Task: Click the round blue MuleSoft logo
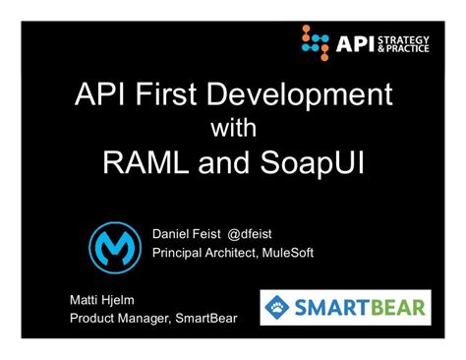click(116, 245)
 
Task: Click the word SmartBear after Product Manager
click(203, 319)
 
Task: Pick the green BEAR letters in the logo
click(392, 307)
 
